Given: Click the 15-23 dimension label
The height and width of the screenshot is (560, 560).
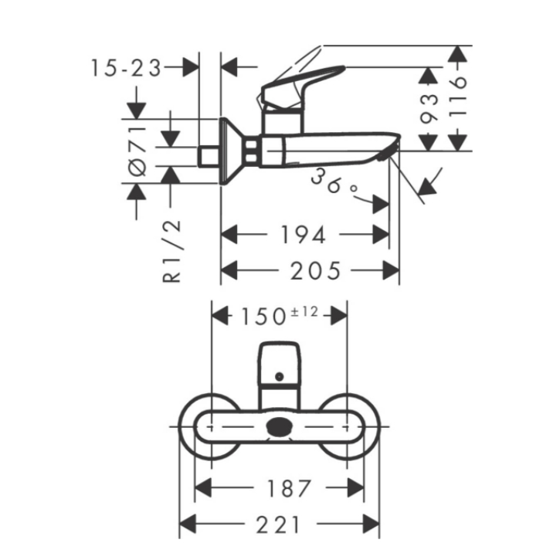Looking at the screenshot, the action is [126, 68].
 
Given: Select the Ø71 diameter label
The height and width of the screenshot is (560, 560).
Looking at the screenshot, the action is [137, 151].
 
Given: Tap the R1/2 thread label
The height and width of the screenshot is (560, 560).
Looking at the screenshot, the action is [171, 252].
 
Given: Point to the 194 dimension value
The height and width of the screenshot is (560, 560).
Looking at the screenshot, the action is [304, 235].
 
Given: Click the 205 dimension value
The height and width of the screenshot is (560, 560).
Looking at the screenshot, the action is [315, 270].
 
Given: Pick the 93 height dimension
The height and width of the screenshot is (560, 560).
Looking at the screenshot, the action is [429, 109].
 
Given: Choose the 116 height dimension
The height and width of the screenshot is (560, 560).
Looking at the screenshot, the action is [457, 97].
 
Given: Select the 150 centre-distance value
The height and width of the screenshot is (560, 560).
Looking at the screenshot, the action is [263, 317].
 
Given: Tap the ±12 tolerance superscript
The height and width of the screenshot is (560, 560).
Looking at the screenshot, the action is [304, 312].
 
